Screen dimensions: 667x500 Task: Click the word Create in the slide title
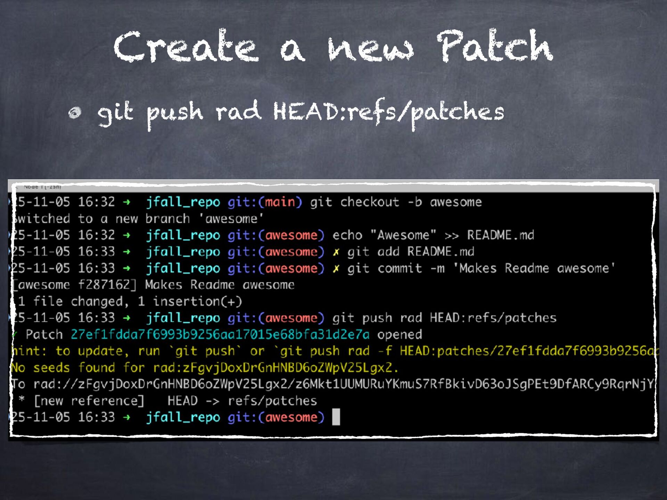coord(186,47)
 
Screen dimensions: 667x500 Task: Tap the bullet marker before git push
coord(75,112)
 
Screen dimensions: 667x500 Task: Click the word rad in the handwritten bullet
coord(238,111)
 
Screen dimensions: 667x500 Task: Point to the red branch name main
coord(280,202)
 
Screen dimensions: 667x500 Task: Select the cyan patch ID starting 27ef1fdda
coord(220,334)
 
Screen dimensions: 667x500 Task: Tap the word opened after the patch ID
coord(400,334)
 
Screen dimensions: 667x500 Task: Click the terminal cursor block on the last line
coord(336,417)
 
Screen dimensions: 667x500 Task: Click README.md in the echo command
coord(500,235)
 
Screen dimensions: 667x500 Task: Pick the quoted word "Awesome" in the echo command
coord(403,235)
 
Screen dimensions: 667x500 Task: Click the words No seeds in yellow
coord(40,367)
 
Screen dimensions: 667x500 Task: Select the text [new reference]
coord(89,401)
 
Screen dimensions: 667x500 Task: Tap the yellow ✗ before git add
coord(336,252)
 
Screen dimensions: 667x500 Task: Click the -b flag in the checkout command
coord(414,202)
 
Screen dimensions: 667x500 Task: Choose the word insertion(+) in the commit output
coord(197,301)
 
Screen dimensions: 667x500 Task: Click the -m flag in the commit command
coord(437,268)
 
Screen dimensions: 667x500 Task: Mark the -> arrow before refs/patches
coord(212,401)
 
